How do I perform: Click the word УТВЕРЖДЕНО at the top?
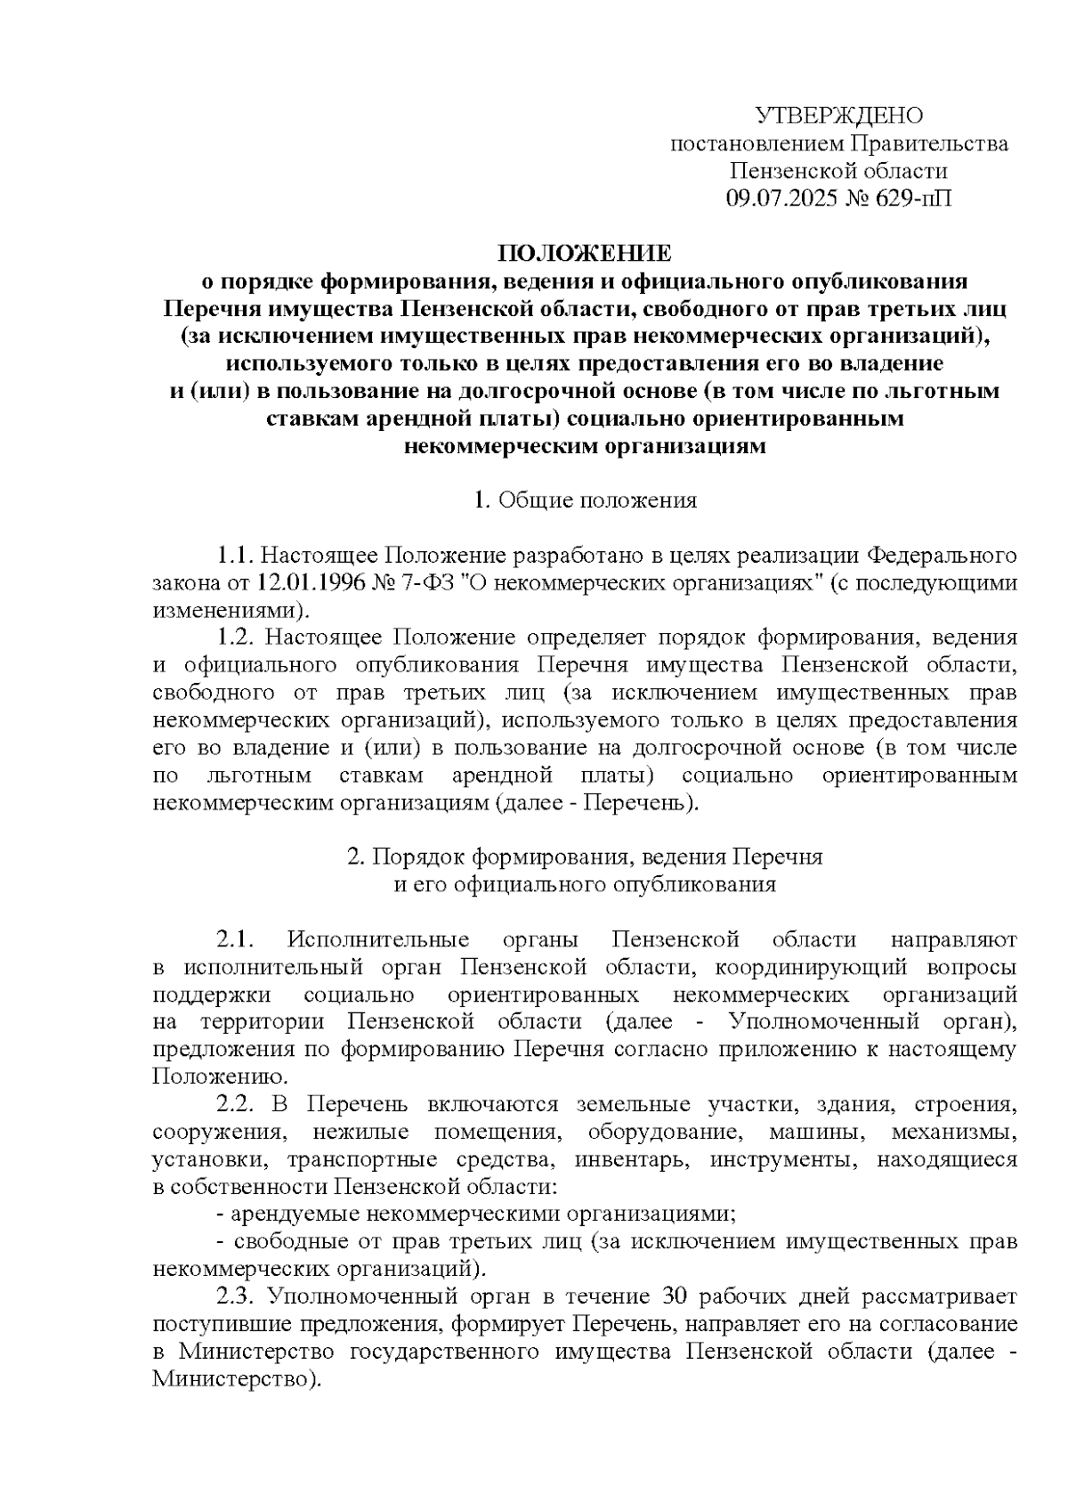coord(838,116)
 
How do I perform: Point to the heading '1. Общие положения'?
coord(585,500)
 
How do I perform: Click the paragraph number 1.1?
coord(237,556)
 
